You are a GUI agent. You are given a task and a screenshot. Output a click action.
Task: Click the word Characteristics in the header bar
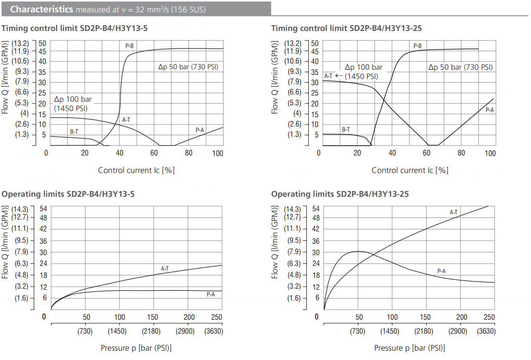[41, 9]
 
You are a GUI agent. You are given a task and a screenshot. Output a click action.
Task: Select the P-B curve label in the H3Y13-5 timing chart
[130, 46]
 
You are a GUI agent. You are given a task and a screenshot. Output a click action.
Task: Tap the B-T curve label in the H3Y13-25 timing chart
[346, 130]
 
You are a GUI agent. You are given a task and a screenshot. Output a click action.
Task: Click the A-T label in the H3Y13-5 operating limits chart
[165, 268]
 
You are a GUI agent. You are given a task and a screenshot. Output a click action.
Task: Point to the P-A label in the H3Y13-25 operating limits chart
[441, 271]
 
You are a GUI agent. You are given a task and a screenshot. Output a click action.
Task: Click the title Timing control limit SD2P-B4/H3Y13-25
[346, 28]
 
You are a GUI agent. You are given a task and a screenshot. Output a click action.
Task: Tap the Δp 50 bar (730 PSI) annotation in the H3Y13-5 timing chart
[190, 67]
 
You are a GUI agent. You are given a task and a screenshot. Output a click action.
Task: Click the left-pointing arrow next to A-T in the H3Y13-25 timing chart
[339, 76]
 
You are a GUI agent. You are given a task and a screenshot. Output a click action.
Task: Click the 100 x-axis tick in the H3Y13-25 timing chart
[490, 153]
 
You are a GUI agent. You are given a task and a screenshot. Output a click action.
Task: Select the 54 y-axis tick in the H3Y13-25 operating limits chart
[316, 209]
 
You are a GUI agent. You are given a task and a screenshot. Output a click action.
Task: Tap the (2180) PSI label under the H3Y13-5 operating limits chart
[153, 331]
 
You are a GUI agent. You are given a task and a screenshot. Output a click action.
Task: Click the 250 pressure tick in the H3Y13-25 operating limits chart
[488, 317]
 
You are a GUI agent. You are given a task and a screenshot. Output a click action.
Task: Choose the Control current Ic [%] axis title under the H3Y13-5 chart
[136, 170]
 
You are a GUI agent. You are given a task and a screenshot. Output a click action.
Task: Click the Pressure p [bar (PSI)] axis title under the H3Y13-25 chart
[409, 348]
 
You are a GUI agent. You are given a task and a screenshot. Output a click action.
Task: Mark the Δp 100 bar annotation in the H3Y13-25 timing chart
[363, 67]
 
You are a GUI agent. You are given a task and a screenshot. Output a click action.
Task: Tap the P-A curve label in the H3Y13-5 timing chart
[200, 130]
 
